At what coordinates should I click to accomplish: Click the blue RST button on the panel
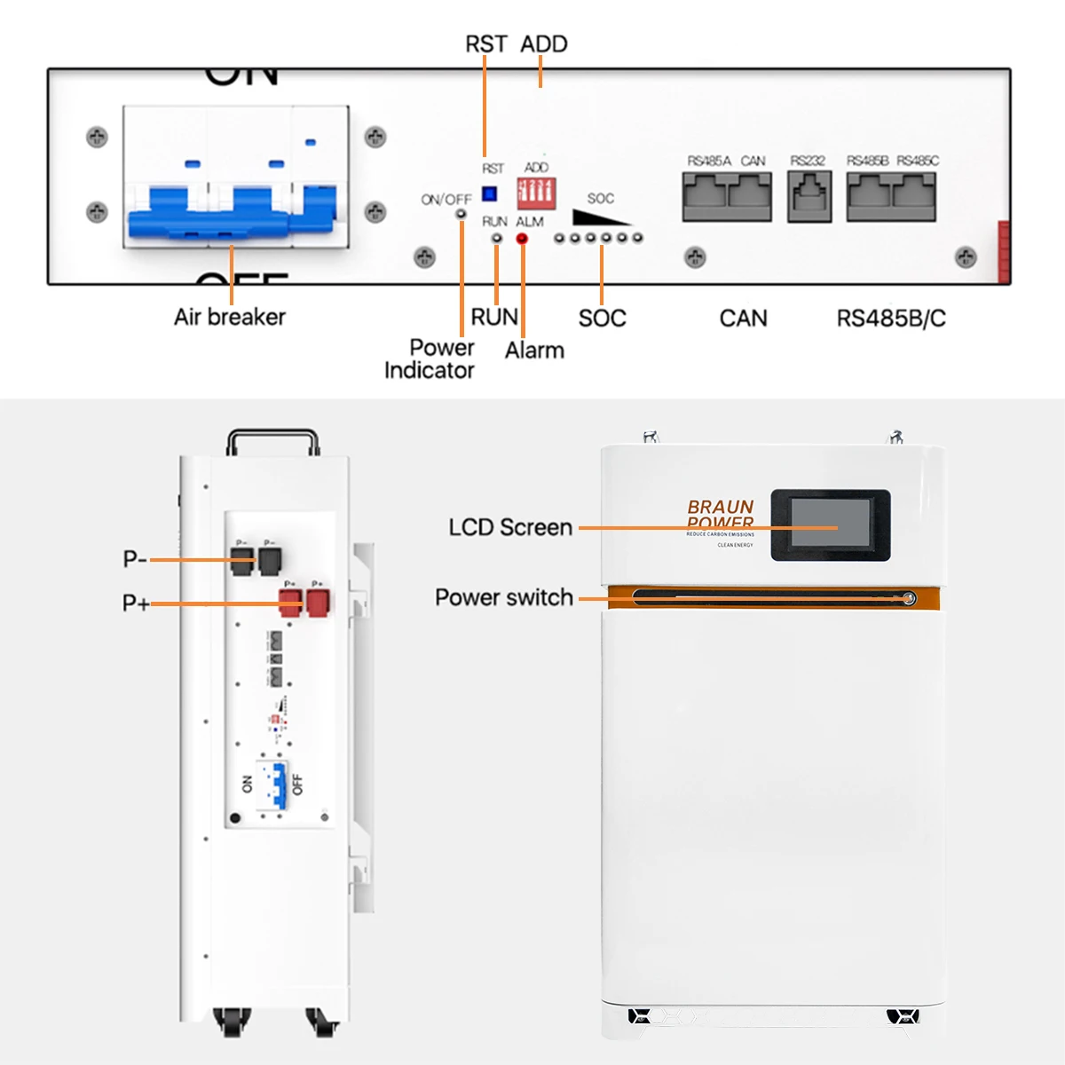point(489,193)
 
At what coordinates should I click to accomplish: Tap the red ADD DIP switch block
point(536,192)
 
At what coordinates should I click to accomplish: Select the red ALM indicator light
point(522,238)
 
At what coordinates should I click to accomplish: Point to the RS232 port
point(809,196)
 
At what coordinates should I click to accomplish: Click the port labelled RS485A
point(705,196)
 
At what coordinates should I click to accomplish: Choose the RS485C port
point(914,196)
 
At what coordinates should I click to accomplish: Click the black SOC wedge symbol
point(599,217)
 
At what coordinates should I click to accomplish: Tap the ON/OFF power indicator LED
point(461,213)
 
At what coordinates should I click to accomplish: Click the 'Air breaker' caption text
point(230,317)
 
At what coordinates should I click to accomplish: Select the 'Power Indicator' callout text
point(430,359)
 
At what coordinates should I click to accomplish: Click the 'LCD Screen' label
point(510,527)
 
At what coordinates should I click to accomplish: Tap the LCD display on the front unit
point(831,524)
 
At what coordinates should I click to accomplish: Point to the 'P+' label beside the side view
point(135,603)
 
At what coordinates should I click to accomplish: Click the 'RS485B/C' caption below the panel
point(891,319)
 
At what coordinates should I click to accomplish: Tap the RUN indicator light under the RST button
point(497,238)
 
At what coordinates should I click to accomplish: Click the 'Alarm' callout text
point(534,351)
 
